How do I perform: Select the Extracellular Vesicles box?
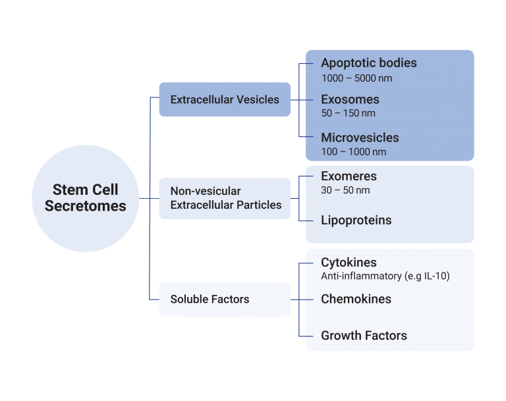[x=225, y=100]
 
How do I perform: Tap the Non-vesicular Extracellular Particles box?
[x=225, y=198]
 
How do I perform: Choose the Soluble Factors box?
[x=225, y=299]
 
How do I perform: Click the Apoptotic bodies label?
[x=369, y=63]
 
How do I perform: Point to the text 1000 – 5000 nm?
[x=356, y=78]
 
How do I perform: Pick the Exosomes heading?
[x=350, y=100]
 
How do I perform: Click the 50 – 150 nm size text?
[x=348, y=113]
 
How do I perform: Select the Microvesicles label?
[x=360, y=138]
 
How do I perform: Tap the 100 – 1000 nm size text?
[x=353, y=152]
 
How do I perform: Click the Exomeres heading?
[x=349, y=176]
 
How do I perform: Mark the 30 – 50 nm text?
[x=345, y=190]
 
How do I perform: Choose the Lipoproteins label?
[x=356, y=221]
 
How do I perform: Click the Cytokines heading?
[x=349, y=262]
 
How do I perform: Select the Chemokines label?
[x=356, y=299]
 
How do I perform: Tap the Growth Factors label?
[x=364, y=336]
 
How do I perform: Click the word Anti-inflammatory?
[x=356, y=277]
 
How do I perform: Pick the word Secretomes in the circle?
[x=86, y=205]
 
